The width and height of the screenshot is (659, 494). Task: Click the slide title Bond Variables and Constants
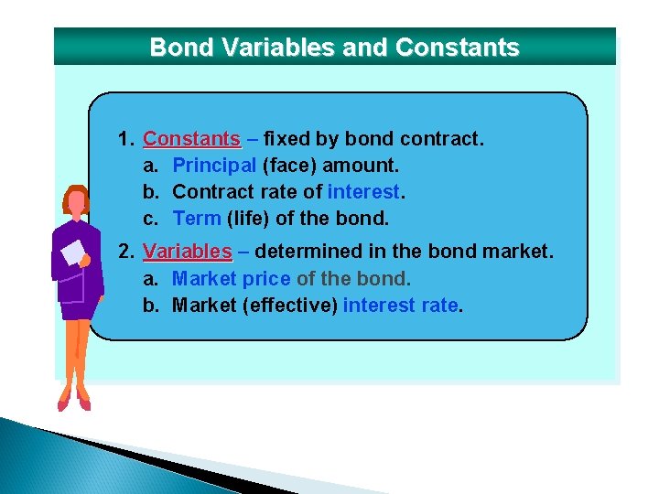coord(334,48)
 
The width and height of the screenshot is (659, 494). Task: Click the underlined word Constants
coord(191,139)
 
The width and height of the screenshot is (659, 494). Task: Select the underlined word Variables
coord(188,252)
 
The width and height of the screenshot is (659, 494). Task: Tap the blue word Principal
coord(214,166)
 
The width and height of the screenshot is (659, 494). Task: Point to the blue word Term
coord(196,219)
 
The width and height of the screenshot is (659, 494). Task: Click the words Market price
coord(231,278)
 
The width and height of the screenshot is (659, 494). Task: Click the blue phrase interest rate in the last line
coord(401,305)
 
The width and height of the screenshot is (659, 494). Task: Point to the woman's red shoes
coord(74,401)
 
